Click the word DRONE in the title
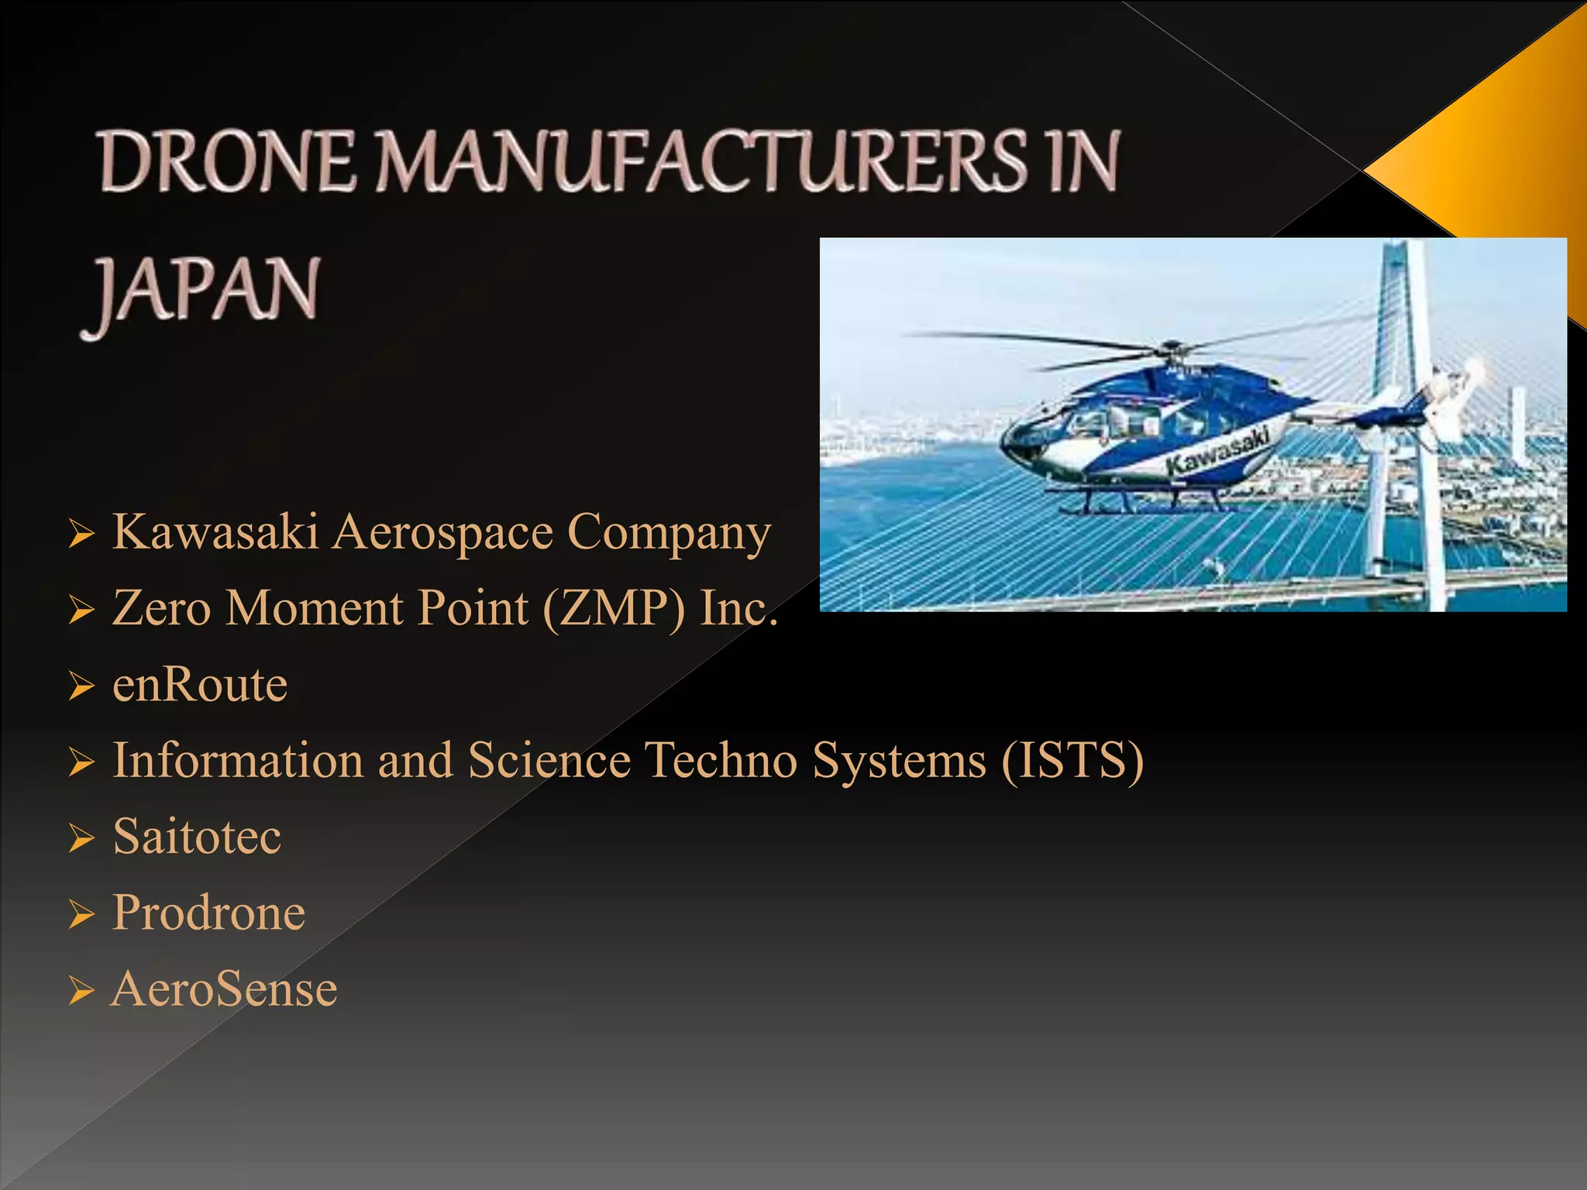click(228, 162)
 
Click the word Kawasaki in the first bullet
click(215, 533)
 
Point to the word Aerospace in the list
click(442, 533)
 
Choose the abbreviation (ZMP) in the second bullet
click(614, 609)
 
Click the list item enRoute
click(200, 685)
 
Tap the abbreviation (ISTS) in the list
click(1072, 761)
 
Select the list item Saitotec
click(197, 837)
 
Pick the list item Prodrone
click(208, 913)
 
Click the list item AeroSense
click(225, 989)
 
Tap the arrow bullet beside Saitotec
click(81, 839)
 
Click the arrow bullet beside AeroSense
click(81, 991)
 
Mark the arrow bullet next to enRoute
click(81, 686)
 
